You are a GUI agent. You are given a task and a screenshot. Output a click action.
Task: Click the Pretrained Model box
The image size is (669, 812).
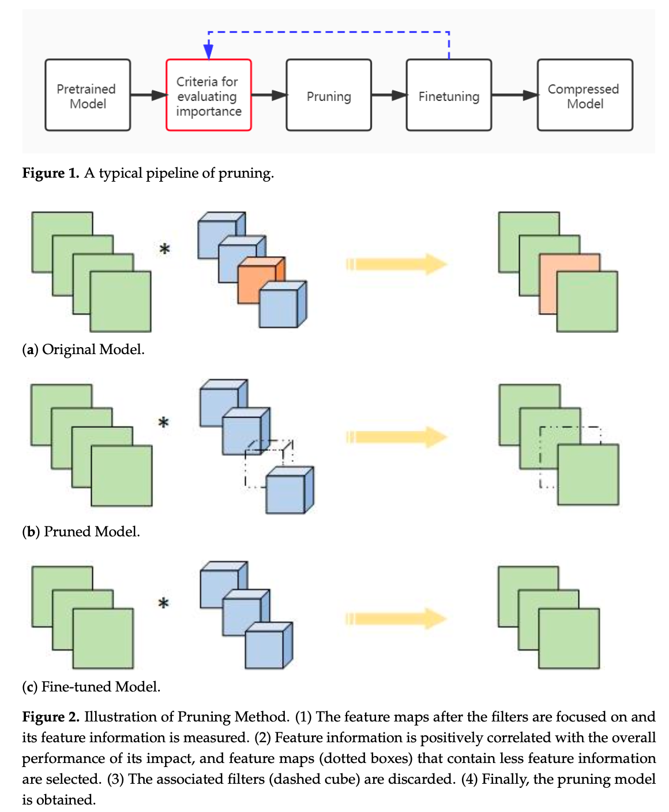[x=88, y=95]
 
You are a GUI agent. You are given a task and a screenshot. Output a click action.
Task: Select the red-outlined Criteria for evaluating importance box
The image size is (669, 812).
[x=209, y=95]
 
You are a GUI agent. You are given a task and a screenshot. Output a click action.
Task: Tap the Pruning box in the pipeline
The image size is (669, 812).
[x=329, y=95]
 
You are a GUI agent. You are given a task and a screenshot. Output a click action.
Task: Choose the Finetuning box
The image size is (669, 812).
[x=449, y=95]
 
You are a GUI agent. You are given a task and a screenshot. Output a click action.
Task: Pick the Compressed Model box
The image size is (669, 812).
[x=585, y=95]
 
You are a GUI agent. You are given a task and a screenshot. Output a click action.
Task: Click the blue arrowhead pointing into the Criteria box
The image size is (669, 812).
[x=209, y=51]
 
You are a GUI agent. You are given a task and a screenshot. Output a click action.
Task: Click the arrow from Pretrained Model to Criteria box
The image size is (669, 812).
[x=149, y=95]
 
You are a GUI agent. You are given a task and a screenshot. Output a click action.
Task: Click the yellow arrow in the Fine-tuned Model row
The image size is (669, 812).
[x=397, y=619]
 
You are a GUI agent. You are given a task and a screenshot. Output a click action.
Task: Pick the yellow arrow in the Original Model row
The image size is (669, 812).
[x=397, y=264]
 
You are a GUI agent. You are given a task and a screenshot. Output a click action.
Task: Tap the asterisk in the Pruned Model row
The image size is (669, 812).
[x=164, y=423]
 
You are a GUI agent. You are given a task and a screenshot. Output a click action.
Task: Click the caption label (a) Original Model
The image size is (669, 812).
[x=83, y=349]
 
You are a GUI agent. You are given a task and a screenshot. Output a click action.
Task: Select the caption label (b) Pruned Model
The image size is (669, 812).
[x=81, y=531]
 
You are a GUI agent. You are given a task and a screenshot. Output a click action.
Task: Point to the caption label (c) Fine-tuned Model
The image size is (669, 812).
[x=91, y=686]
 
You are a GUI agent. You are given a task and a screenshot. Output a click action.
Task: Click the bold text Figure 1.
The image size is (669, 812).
[x=51, y=173]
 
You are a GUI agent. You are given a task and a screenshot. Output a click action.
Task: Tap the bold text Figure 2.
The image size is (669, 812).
[x=51, y=717]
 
